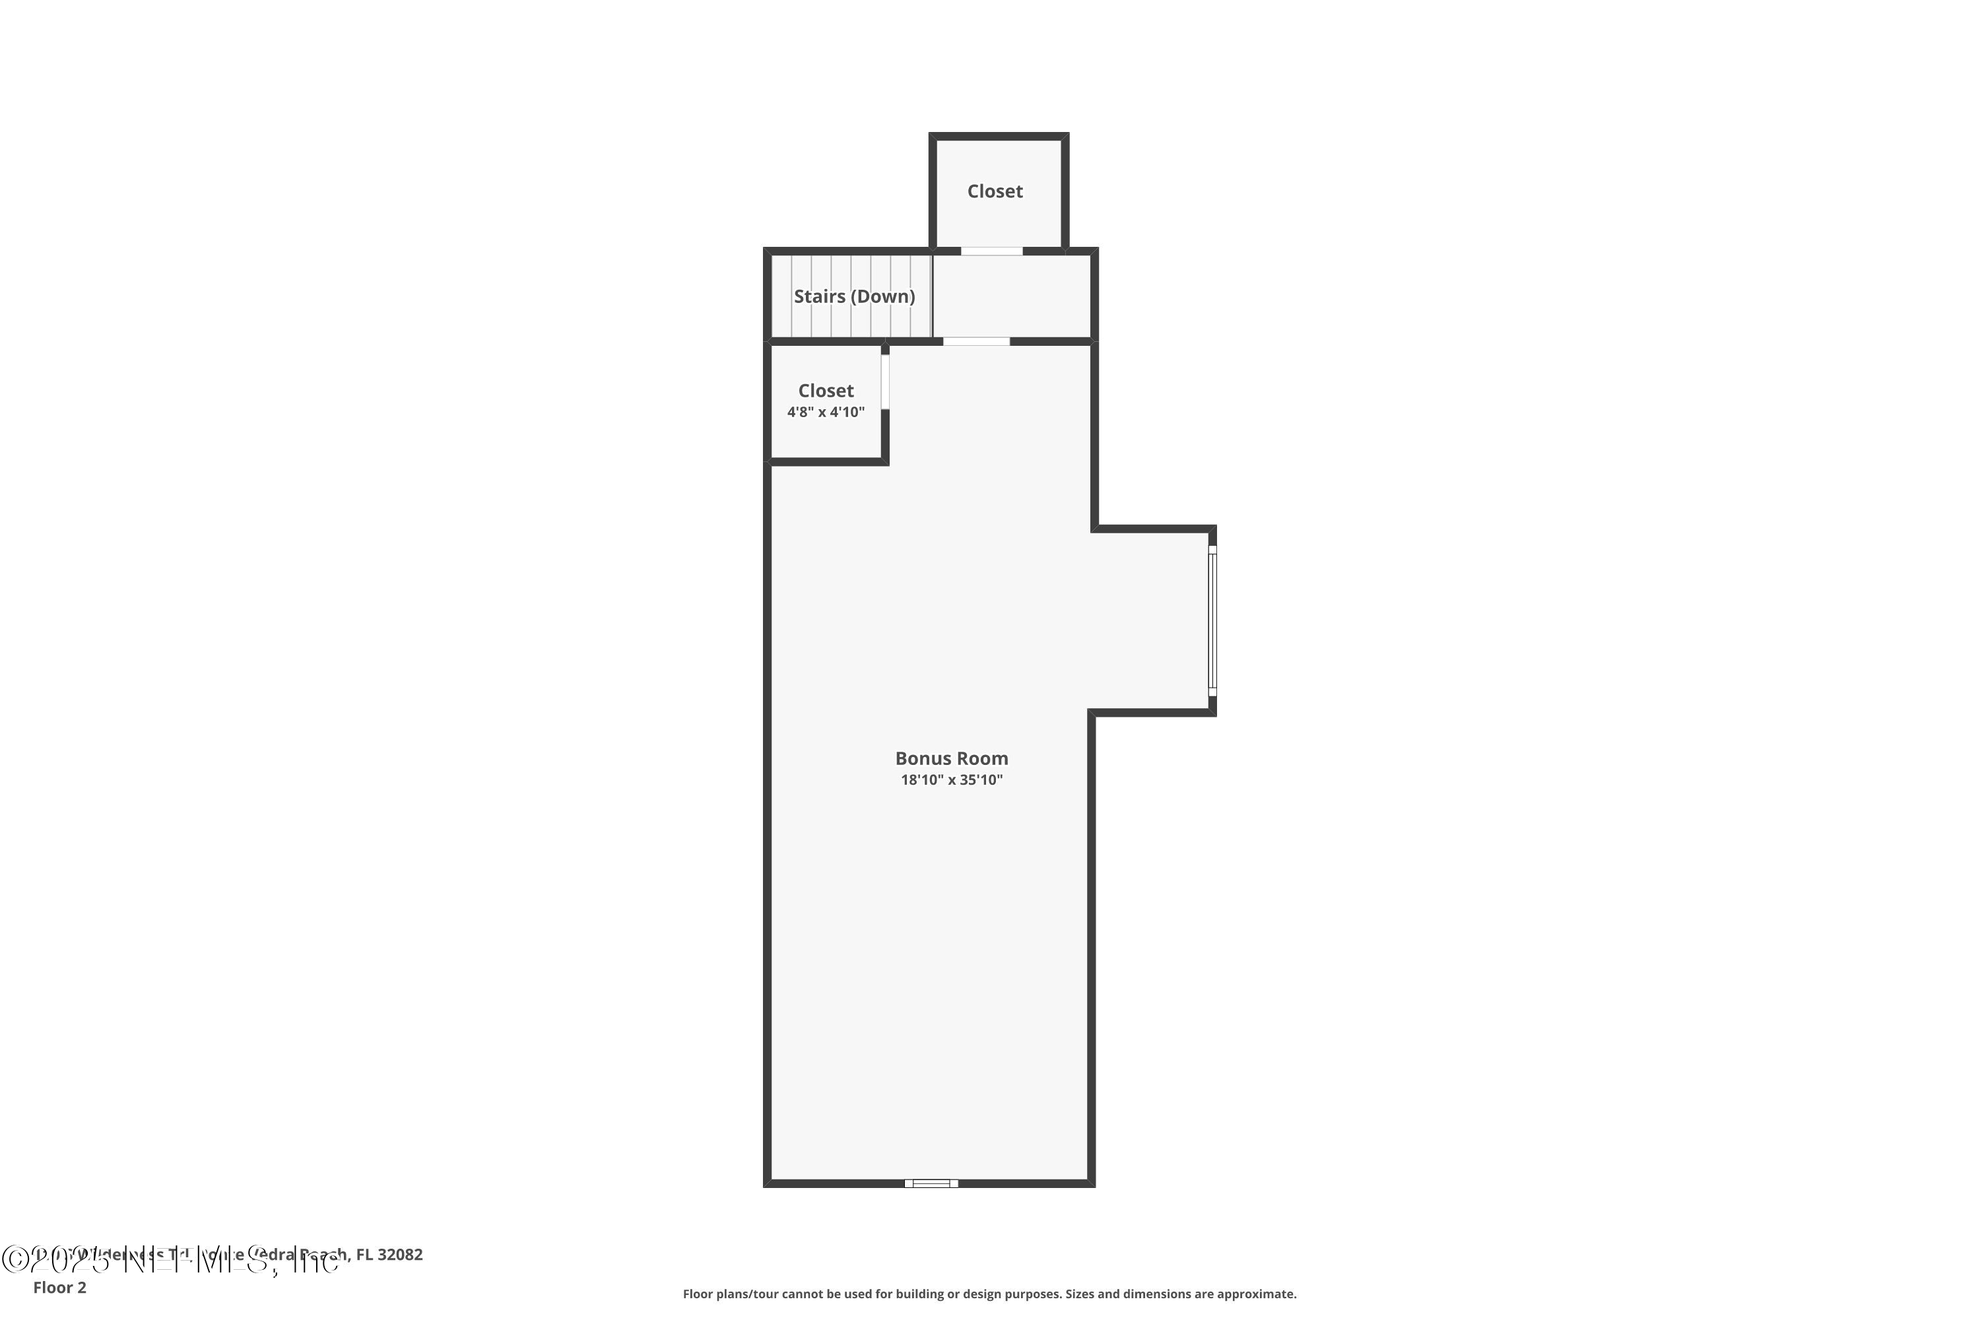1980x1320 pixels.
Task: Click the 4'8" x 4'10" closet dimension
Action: click(x=826, y=412)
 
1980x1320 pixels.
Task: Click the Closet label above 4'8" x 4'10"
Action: click(x=826, y=391)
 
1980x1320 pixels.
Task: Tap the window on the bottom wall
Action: click(x=931, y=1183)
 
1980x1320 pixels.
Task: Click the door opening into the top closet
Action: click(x=992, y=251)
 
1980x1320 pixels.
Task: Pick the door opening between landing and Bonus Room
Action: click(x=975, y=341)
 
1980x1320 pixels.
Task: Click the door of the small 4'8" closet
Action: click(x=885, y=381)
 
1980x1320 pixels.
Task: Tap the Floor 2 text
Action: click(x=60, y=1287)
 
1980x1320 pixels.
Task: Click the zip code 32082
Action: click(x=401, y=1255)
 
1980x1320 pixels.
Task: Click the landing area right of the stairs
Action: click(x=1012, y=296)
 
